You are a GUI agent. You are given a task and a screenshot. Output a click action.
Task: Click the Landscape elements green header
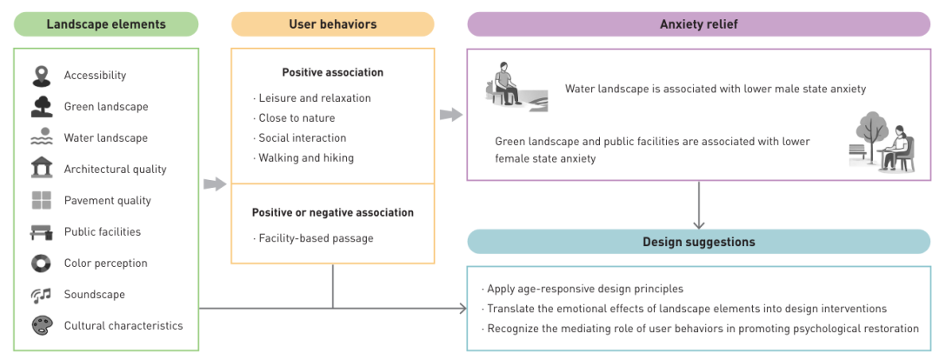[x=106, y=24]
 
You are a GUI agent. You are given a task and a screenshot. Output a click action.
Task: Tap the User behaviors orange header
[x=332, y=24]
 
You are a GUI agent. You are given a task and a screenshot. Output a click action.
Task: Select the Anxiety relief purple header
[x=698, y=24]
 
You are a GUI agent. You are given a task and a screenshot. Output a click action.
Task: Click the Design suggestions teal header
[x=698, y=242]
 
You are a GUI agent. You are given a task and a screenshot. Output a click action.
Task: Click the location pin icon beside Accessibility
[x=41, y=76]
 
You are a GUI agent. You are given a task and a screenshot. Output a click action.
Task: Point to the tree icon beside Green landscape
[x=41, y=107]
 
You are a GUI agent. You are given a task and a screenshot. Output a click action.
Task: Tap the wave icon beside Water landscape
[x=41, y=138]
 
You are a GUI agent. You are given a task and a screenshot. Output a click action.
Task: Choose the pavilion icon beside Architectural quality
[x=41, y=169]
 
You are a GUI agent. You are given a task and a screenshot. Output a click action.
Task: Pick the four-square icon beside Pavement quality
[x=41, y=201]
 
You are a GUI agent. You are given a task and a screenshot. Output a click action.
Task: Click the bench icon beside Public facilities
[x=41, y=232]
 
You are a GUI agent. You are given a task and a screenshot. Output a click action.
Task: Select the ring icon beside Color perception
[x=41, y=263]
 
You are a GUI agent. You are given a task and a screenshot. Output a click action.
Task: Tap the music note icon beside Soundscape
[x=41, y=295]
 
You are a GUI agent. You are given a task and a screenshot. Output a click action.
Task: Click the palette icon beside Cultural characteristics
[x=41, y=326]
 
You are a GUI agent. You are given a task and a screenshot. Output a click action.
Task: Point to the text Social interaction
[x=302, y=138]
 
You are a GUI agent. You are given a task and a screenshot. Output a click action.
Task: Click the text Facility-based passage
[x=316, y=238]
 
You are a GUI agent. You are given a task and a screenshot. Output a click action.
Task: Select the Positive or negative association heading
[x=332, y=212]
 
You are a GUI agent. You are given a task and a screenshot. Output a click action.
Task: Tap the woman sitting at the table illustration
[x=887, y=143]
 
